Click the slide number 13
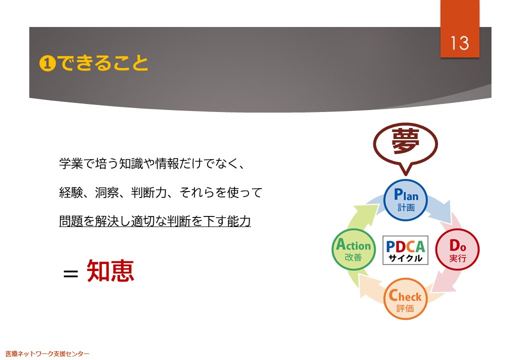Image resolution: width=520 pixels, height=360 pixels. coord(459,43)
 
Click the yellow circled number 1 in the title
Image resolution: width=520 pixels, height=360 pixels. coord(47,63)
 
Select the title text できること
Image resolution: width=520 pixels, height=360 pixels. coord(103,62)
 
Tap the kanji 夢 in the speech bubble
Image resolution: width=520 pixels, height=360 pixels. coord(405,141)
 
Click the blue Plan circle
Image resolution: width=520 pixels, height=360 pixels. coord(405,200)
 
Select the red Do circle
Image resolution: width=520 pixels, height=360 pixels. coord(457,249)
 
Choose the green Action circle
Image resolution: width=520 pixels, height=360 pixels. coord(353,249)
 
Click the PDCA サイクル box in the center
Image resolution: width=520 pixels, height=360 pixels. coord(405,250)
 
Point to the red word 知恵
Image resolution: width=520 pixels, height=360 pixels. coord(110,271)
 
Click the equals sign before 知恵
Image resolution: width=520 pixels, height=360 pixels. coord(70,274)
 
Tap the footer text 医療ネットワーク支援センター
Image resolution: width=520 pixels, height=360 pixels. coord(47,353)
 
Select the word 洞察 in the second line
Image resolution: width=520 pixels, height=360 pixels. coord(107,192)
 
